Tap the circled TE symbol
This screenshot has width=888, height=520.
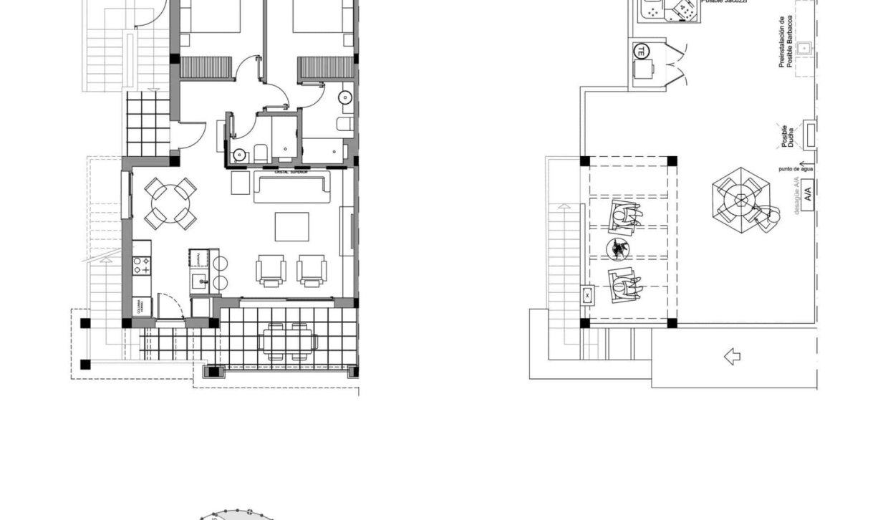coord(641,51)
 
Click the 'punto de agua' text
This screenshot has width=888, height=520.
coord(794,170)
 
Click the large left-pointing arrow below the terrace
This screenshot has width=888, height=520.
coord(732,356)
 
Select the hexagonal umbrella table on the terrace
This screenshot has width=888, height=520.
coord(740,199)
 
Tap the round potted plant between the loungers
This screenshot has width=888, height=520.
coord(618,249)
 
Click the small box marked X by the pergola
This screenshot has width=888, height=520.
coord(588,294)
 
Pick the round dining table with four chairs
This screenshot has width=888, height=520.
coord(170,203)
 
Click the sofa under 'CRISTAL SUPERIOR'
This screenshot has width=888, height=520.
coord(293,188)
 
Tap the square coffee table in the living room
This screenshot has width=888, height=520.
coord(292,226)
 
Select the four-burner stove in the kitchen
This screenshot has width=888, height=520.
coord(141,266)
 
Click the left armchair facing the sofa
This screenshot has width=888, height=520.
coord(271,270)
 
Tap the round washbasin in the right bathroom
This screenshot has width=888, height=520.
coord(347,98)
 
